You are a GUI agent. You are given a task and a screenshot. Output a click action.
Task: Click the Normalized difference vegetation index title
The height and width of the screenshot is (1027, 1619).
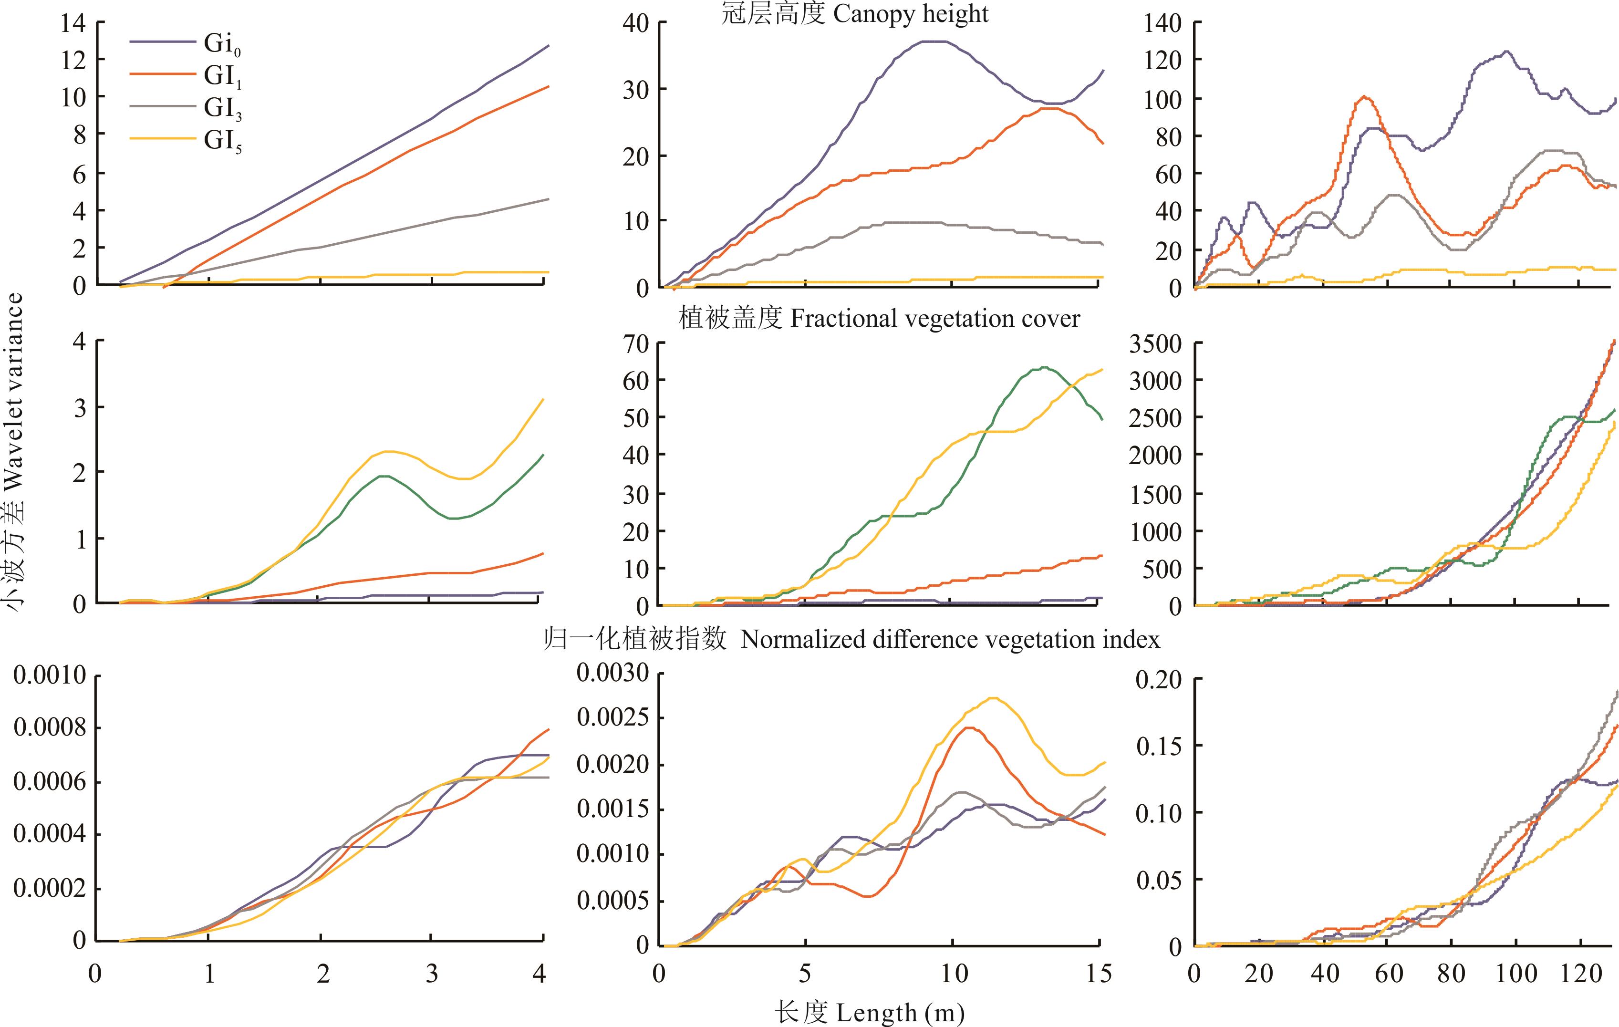pos(950,639)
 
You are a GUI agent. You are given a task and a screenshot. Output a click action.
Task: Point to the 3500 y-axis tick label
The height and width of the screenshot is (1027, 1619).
pos(1154,344)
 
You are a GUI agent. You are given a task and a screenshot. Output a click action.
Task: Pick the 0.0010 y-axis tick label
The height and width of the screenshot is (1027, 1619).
pos(51,675)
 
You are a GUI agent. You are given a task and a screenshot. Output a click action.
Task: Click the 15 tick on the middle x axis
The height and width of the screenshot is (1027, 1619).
pos(1098,974)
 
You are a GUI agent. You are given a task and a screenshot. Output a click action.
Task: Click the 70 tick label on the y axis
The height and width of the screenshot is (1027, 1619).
pos(634,344)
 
